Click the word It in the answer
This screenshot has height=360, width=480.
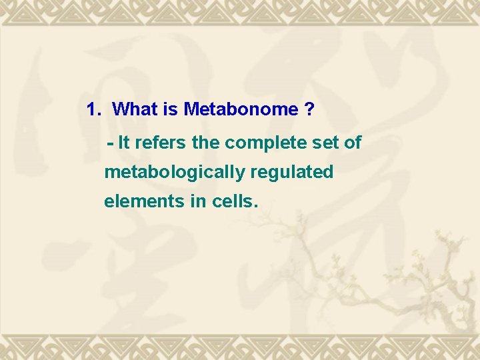tap(123, 143)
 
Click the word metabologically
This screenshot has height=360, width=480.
tap(175, 173)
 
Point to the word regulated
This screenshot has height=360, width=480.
tap(292, 173)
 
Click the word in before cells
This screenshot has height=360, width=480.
tap(198, 201)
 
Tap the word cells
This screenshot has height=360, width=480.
tap(231, 201)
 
